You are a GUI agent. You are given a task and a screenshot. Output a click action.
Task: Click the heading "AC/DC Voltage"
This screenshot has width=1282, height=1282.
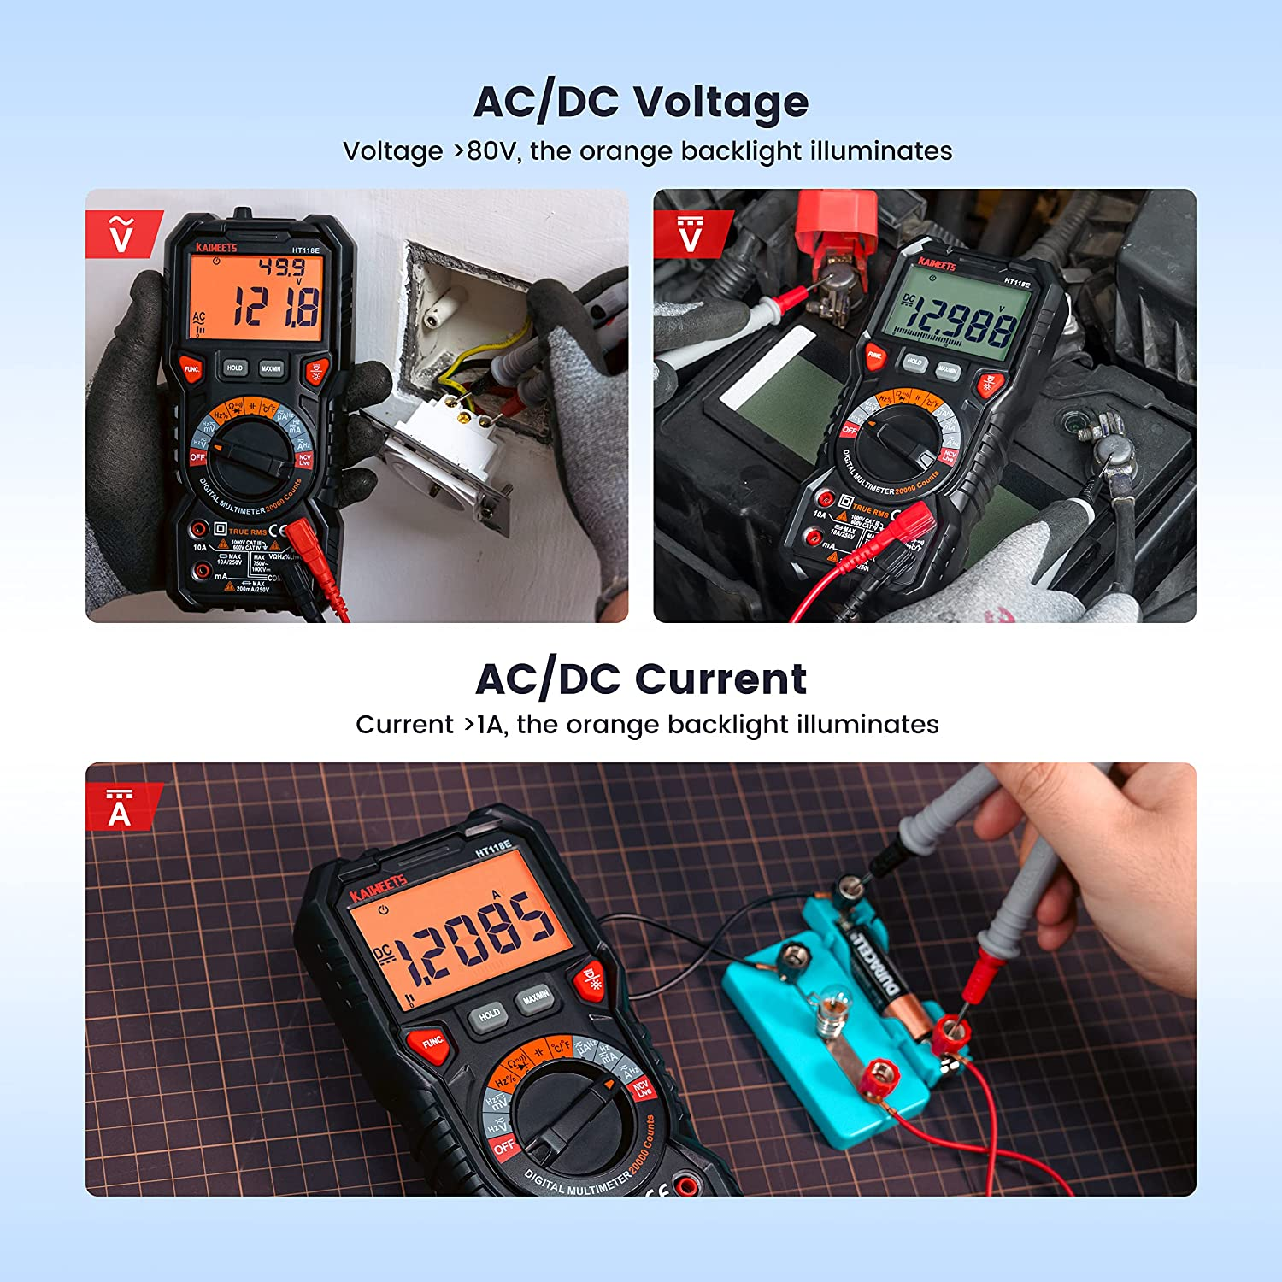coord(641,102)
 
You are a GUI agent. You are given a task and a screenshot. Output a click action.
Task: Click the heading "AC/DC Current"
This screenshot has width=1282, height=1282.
coord(641,679)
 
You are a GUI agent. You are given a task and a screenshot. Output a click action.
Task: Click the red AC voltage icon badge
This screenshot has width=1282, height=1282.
coord(121,234)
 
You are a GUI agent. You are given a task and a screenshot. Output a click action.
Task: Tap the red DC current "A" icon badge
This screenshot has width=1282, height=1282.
coord(120,808)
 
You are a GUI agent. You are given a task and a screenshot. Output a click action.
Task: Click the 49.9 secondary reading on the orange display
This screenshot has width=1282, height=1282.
coord(281,268)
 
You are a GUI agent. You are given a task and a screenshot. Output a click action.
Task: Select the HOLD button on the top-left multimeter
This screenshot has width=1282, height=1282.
coord(235,368)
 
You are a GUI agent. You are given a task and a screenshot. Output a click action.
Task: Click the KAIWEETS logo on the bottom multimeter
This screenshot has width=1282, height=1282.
coord(378,887)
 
